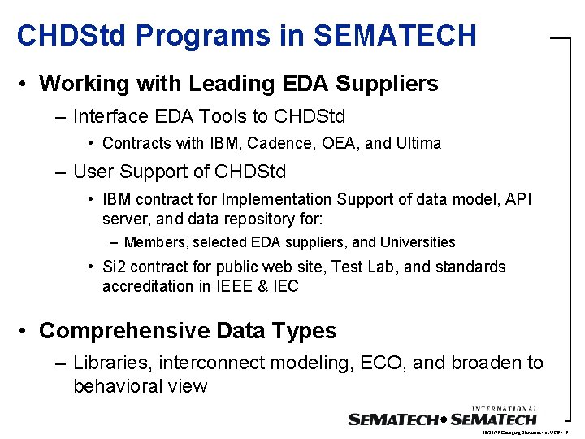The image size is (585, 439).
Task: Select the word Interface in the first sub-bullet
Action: [111, 116]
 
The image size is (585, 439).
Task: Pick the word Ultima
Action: [418, 144]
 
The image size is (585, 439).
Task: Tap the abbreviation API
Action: [516, 199]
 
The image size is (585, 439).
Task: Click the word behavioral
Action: [113, 386]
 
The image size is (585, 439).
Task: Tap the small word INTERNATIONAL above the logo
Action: [504, 409]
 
